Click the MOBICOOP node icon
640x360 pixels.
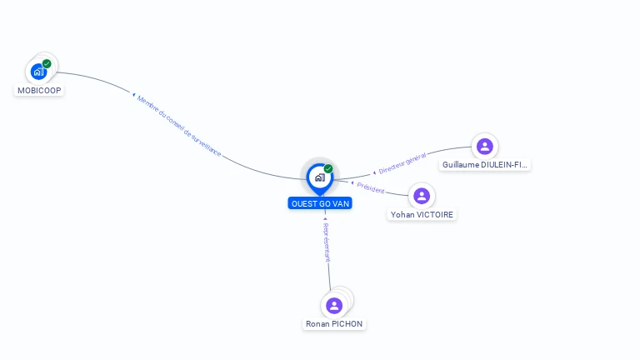pyautogui.click(x=38, y=72)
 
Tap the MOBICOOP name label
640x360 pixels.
pyautogui.click(x=39, y=90)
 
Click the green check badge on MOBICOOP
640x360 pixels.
pyautogui.click(x=47, y=63)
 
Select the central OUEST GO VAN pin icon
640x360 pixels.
pyautogui.click(x=319, y=177)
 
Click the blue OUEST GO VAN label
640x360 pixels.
pyautogui.click(x=321, y=203)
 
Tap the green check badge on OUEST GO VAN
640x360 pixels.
pyautogui.click(x=328, y=168)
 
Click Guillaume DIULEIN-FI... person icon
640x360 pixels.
pyautogui.click(x=484, y=147)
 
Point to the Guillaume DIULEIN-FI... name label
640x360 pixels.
pyautogui.click(x=484, y=165)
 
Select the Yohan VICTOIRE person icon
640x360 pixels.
pyautogui.click(x=422, y=196)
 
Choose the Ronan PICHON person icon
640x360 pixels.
pyautogui.click(x=334, y=306)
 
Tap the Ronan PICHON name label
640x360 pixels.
pyautogui.click(x=334, y=323)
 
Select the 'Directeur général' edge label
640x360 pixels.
pyautogui.click(x=402, y=163)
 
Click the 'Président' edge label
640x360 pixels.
pyautogui.click(x=371, y=189)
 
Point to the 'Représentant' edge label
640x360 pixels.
pyautogui.click(x=327, y=242)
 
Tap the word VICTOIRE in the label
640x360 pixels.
pyautogui.click(x=436, y=214)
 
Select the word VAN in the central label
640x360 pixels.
pyautogui.click(x=341, y=203)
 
